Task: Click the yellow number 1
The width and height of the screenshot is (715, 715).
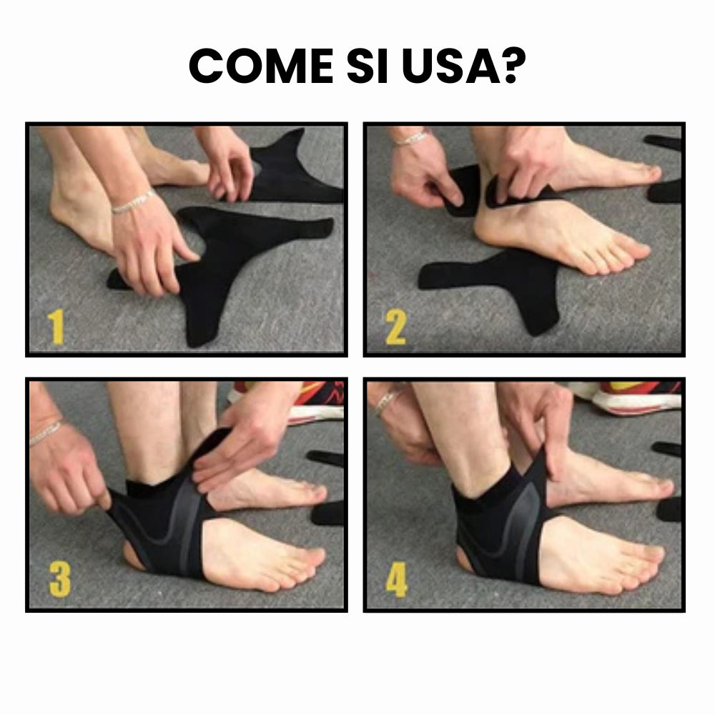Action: point(57,327)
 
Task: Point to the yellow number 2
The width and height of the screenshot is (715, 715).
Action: point(395,327)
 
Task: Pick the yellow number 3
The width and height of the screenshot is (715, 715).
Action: point(59,580)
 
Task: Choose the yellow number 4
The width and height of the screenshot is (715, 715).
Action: point(397,580)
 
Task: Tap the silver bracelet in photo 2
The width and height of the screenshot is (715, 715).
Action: point(410,138)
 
